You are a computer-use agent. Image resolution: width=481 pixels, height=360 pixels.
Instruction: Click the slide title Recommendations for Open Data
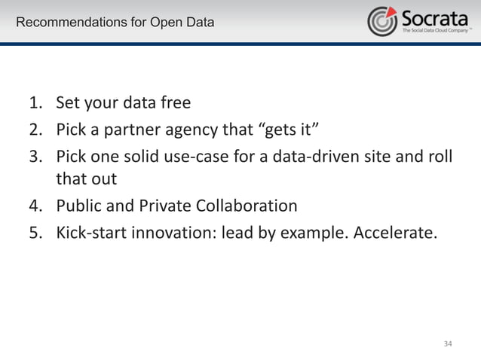click(115, 23)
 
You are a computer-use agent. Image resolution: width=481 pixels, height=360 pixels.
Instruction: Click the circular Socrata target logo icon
click(382, 21)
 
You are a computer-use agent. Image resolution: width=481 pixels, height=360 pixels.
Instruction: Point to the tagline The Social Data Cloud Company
click(435, 32)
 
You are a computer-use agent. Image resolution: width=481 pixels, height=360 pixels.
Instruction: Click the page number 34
click(448, 343)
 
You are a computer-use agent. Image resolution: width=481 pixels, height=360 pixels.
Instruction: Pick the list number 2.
click(35, 129)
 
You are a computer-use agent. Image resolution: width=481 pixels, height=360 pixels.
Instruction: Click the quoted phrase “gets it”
click(290, 129)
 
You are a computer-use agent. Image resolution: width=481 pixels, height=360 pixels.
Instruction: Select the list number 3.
click(35, 154)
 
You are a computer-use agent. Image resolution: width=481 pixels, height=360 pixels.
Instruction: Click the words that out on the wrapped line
click(86, 180)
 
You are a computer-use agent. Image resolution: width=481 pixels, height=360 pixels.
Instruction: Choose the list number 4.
click(35, 206)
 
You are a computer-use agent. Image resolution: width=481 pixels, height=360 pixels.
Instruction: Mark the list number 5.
click(35, 231)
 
